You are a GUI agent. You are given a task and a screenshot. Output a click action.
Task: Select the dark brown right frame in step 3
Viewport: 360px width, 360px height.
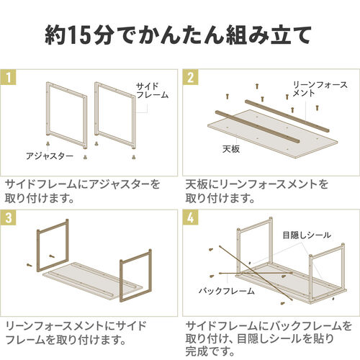tap(135, 274)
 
